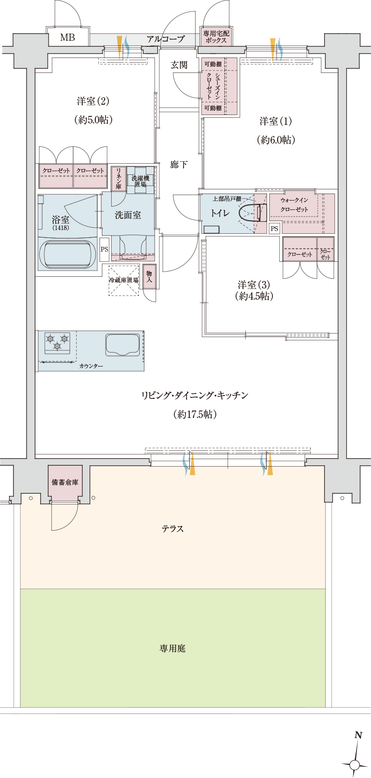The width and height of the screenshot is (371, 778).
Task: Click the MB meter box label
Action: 68,37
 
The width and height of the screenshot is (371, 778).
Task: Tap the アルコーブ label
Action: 165,39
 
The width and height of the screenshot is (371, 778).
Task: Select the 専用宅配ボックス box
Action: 215,36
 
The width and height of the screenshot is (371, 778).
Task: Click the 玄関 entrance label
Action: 178,65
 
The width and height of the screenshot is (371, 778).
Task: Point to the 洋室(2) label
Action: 93,101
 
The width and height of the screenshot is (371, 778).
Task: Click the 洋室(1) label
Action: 275,122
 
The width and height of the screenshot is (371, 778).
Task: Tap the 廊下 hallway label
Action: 178,165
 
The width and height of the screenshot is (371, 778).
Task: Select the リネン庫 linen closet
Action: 119,178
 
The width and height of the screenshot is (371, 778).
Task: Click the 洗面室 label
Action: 128,216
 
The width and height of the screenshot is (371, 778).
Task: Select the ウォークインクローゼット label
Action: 294,205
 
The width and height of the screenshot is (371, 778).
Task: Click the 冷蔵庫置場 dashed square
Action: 124,280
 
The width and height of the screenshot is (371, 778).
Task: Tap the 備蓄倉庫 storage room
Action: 65,483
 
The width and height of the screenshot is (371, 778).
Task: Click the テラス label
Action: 172,529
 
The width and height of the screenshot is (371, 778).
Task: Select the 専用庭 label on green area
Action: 172,648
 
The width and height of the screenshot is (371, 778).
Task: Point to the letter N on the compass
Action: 358,735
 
